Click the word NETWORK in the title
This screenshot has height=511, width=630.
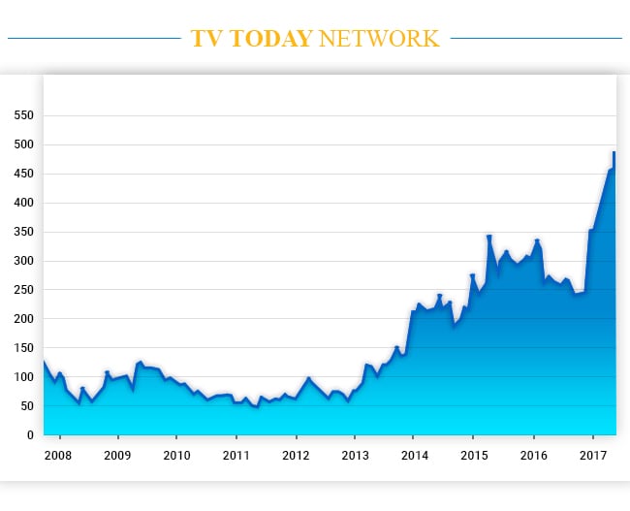point(378,39)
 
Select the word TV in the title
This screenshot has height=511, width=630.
point(205,39)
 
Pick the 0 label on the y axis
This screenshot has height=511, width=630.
point(31,435)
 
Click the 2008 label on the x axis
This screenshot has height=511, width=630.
point(58,455)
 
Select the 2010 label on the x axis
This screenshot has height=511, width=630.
point(176,455)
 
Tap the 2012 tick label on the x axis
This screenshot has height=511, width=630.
point(295,455)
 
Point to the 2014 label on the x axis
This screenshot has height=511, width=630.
point(414,455)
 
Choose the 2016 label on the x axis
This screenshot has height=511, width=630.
point(533,455)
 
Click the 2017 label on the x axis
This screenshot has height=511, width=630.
point(592,455)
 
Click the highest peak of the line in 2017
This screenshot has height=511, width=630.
point(614,152)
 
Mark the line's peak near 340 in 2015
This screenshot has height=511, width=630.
point(489,236)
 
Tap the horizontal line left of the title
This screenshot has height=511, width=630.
point(93,39)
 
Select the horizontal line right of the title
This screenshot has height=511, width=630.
point(536,39)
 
